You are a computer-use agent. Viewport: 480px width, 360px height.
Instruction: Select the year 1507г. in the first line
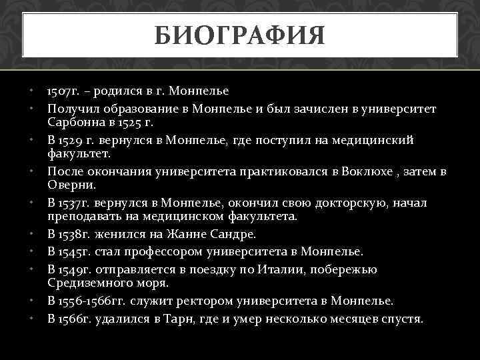pos(63,90)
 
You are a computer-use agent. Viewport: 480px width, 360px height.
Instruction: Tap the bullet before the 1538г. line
pos(32,235)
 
